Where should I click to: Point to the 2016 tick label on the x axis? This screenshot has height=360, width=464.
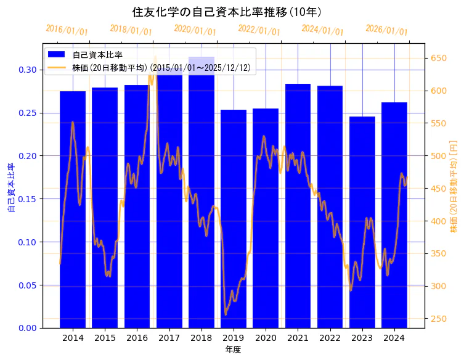[137, 338]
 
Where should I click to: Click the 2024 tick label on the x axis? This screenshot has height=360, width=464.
[394, 338]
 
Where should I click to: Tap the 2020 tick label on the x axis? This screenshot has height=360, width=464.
[266, 338]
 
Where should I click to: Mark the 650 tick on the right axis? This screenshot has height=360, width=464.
[438, 59]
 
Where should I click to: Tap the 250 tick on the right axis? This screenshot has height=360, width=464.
[438, 319]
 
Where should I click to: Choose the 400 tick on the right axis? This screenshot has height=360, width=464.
[438, 221]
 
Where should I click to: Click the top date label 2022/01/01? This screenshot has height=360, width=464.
[259, 30]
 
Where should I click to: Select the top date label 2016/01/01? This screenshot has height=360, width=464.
[67, 30]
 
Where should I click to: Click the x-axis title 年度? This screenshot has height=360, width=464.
[233, 350]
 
